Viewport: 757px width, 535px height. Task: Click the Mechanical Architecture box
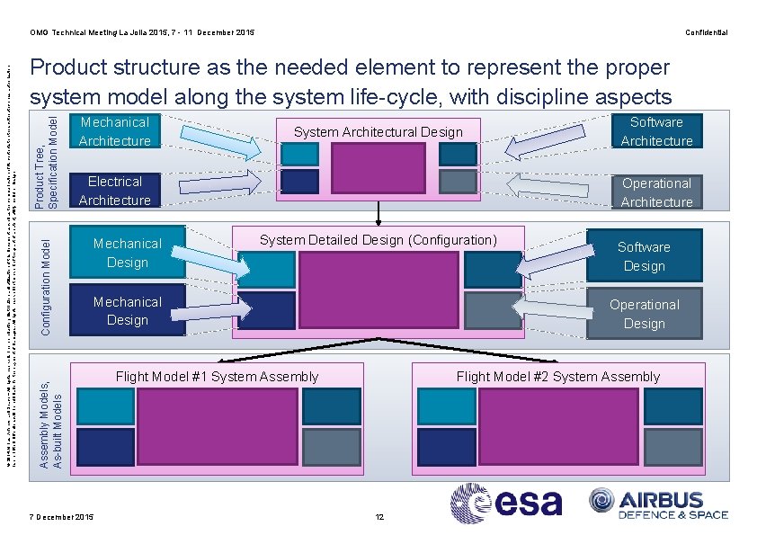(114, 131)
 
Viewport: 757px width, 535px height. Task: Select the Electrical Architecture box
(114, 191)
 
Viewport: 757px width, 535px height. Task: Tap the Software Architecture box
(656, 131)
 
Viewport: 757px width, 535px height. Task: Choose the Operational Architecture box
(656, 192)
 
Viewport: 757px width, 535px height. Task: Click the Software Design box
(644, 256)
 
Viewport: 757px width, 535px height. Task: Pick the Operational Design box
(644, 314)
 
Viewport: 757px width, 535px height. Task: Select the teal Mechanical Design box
(127, 253)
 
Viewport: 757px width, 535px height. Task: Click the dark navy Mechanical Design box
(127, 311)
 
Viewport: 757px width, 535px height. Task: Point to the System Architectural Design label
(378, 132)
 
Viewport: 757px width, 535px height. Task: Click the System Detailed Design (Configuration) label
(378, 240)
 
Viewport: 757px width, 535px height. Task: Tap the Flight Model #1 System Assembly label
(217, 377)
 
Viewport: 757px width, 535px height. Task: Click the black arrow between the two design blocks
(378, 211)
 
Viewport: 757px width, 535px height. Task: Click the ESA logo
(506, 504)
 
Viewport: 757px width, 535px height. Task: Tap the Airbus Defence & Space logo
(658, 504)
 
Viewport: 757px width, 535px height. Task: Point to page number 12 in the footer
(379, 517)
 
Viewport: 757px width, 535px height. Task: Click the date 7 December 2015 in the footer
(61, 517)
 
